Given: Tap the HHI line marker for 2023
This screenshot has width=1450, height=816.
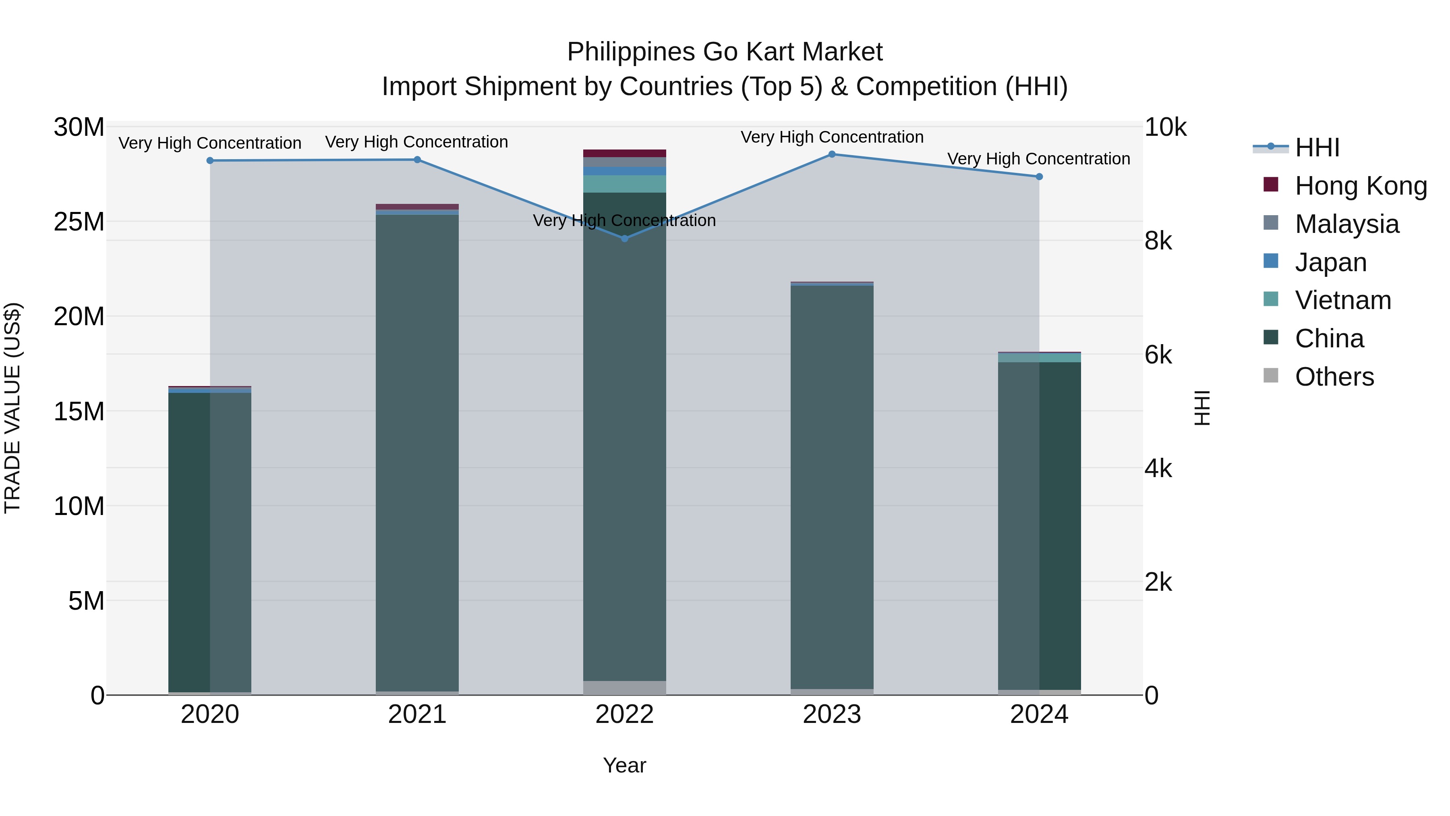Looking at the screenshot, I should click(x=832, y=154).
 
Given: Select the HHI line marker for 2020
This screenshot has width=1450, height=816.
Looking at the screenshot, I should click(x=210, y=160).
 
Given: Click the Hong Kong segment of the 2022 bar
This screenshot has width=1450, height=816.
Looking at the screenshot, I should click(x=624, y=153).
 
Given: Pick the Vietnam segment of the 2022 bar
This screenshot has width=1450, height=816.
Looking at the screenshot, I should click(x=624, y=184).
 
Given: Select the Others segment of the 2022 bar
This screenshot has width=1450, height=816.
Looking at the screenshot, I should click(x=624, y=687).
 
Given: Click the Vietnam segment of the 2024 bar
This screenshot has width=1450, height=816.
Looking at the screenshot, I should click(x=1039, y=357).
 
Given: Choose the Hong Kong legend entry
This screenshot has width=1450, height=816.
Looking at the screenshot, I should click(x=1361, y=186).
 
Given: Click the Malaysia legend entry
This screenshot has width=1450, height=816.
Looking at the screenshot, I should click(x=1346, y=224).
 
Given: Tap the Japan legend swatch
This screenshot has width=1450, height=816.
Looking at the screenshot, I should click(x=1270, y=261).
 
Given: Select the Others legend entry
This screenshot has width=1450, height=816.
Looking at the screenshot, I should click(x=1334, y=377).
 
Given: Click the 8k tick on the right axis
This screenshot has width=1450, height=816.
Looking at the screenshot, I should click(x=1158, y=241).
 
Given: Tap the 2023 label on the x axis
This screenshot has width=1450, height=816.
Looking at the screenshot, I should click(x=832, y=714).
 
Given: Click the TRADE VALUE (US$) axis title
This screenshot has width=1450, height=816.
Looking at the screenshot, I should click(x=12, y=408).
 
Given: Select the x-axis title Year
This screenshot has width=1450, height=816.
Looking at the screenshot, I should click(x=624, y=765).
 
